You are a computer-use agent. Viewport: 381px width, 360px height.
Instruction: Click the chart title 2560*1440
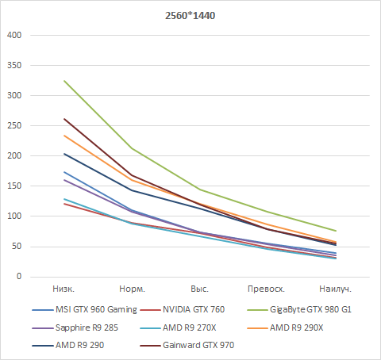(190, 15)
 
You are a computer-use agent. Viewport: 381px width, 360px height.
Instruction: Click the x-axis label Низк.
(63, 289)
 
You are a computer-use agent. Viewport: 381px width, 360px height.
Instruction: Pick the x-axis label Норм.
(131, 289)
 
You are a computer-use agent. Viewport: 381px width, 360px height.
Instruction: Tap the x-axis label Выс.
(199, 289)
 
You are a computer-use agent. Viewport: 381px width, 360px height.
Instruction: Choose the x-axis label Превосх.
(267, 289)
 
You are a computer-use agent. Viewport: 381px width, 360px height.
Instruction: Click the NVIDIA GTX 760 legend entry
(199, 309)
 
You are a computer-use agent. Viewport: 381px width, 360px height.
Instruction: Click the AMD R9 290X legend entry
(298, 327)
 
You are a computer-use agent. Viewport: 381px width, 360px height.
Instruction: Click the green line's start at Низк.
(63, 81)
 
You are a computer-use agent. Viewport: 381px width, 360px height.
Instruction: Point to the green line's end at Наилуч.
(335, 231)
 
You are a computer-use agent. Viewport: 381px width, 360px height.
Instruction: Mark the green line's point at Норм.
(131, 148)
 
